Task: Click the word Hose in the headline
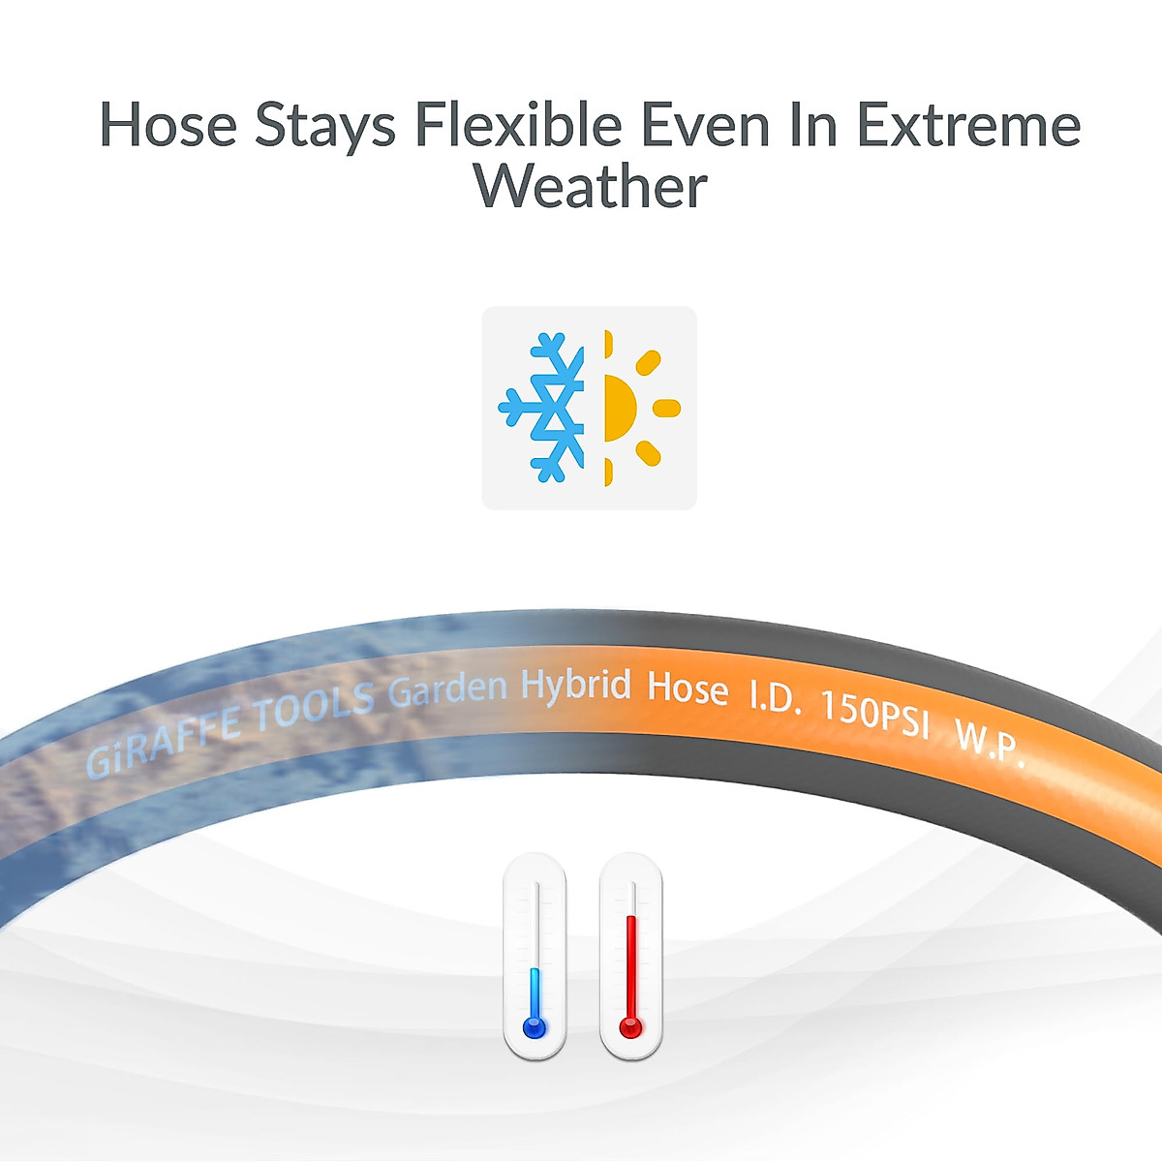[168, 125]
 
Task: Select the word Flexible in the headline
[519, 124]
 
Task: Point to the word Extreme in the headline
[969, 125]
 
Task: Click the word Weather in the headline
[591, 185]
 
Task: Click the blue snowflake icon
[541, 409]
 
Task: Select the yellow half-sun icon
[642, 409]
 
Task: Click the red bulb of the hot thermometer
[630, 1026]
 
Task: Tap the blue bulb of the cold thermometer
[535, 1026]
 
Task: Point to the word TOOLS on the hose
[314, 705]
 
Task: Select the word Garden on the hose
[447, 691]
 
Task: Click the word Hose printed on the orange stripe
[688, 689]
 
